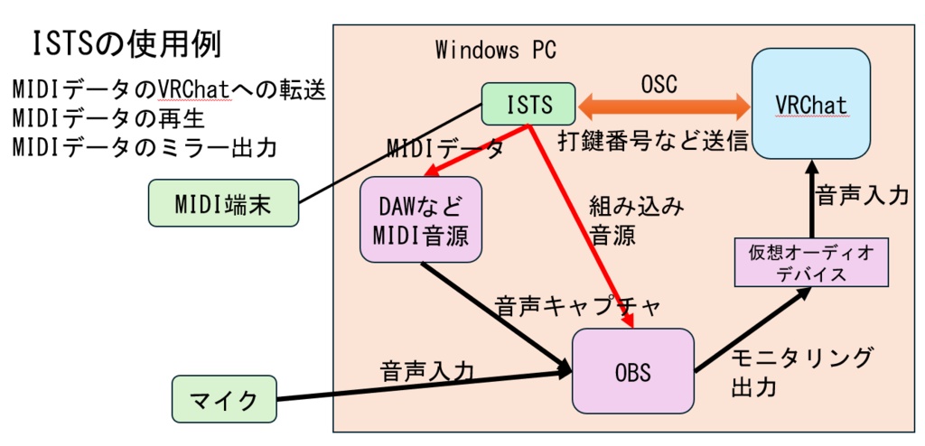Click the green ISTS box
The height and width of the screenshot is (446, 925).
tap(529, 104)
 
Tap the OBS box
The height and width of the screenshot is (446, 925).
tap(633, 371)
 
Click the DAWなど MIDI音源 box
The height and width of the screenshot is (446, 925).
tap(420, 219)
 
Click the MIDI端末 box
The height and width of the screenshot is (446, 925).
tap(223, 201)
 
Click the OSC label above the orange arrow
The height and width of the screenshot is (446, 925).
tap(659, 83)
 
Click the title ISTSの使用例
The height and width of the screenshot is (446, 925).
tap(126, 42)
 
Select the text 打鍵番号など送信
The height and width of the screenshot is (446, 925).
tap(654, 141)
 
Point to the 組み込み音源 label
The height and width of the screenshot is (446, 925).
tap(623, 220)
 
